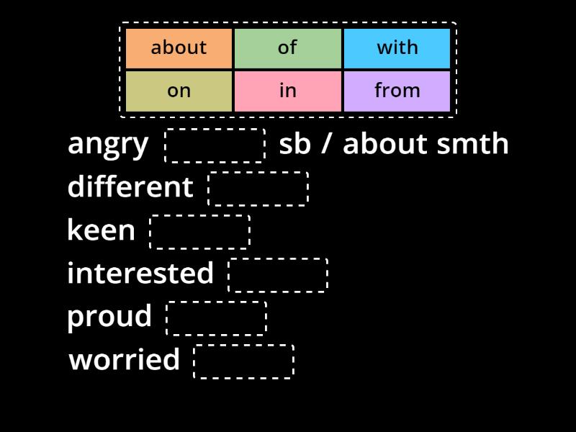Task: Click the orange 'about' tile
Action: coord(179,48)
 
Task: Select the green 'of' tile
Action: coord(287,48)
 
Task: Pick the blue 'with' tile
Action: coord(397,48)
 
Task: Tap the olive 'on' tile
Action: coord(179,91)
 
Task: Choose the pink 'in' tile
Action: coord(287,91)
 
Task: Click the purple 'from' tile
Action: coord(397,91)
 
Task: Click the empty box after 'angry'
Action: coord(215,145)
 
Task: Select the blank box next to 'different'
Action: coord(258,189)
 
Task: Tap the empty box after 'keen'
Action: coord(199,232)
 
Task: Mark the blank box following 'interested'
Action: coord(278,275)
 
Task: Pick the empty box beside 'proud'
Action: coord(216,318)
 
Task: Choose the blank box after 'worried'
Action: coord(243,361)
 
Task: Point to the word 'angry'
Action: coord(108,144)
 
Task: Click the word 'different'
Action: coord(130,187)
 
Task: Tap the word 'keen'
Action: coord(101,230)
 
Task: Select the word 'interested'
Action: coord(140,274)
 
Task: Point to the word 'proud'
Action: coord(109,317)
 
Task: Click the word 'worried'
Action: coord(125,360)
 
